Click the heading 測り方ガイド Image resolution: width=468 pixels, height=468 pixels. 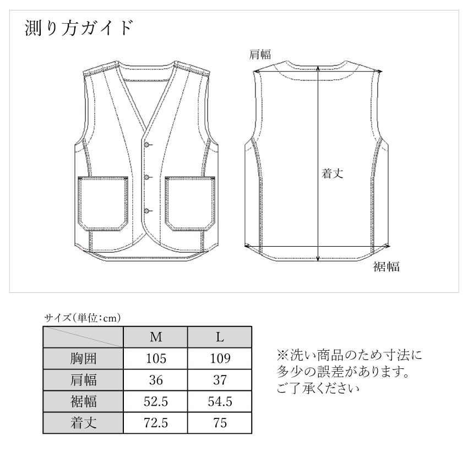(x=79, y=28)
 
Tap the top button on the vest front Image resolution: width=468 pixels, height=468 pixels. (x=147, y=144)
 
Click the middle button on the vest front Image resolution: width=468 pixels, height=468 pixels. (x=147, y=177)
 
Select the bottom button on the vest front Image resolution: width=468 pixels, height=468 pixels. (x=147, y=211)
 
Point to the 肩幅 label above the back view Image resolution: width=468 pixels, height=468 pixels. (x=260, y=54)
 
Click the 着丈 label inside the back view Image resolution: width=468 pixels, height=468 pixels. (x=333, y=173)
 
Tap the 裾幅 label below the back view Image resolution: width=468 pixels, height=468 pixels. (x=386, y=267)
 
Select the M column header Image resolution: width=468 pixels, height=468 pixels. (x=156, y=337)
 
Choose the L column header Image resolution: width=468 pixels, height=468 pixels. (x=220, y=337)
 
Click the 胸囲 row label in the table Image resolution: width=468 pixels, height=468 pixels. (x=83, y=358)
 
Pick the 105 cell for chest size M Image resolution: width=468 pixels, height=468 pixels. (x=156, y=358)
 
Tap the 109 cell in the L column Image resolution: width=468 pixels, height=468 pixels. (x=220, y=358)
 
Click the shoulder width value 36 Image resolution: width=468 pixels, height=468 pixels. (x=156, y=380)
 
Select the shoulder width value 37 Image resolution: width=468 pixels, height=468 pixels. (x=220, y=380)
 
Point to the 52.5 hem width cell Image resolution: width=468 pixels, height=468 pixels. (x=156, y=401)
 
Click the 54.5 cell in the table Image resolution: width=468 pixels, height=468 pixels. (x=220, y=401)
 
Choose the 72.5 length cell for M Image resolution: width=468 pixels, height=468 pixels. (x=156, y=423)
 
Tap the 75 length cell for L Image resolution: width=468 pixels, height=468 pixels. (x=220, y=423)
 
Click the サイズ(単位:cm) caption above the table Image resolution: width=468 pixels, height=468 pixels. (x=82, y=317)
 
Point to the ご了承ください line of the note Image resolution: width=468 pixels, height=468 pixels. (x=318, y=389)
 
